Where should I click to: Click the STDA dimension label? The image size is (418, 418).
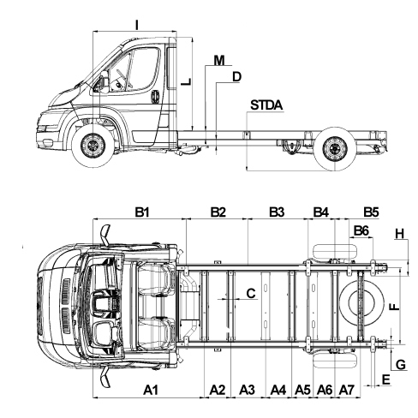(x=266, y=105)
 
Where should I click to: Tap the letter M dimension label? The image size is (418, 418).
(x=219, y=60)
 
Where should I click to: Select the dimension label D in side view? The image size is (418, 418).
(x=236, y=77)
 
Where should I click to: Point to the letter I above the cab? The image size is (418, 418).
(x=137, y=25)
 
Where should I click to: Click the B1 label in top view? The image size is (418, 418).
(x=142, y=212)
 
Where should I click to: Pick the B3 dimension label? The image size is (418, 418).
(x=277, y=212)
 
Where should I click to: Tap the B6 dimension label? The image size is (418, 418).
(x=361, y=230)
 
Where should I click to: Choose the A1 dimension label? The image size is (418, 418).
(x=151, y=390)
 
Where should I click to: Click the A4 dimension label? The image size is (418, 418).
(x=278, y=390)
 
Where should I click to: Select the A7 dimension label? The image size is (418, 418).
(x=347, y=390)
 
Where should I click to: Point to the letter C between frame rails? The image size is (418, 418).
(x=251, y=293)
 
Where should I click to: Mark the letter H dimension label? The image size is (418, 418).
(x=400, y=234)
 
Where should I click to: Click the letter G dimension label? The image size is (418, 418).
(x=401, y=365)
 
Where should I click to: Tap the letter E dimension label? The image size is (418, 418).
(x=385, y=379)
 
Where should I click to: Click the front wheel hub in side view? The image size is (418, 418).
(x=93, y=146)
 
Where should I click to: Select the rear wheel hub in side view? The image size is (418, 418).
(x=335, y=148)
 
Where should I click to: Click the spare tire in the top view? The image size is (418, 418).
(x=361, y=305)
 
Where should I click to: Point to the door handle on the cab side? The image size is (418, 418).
(x=155, y=97)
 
